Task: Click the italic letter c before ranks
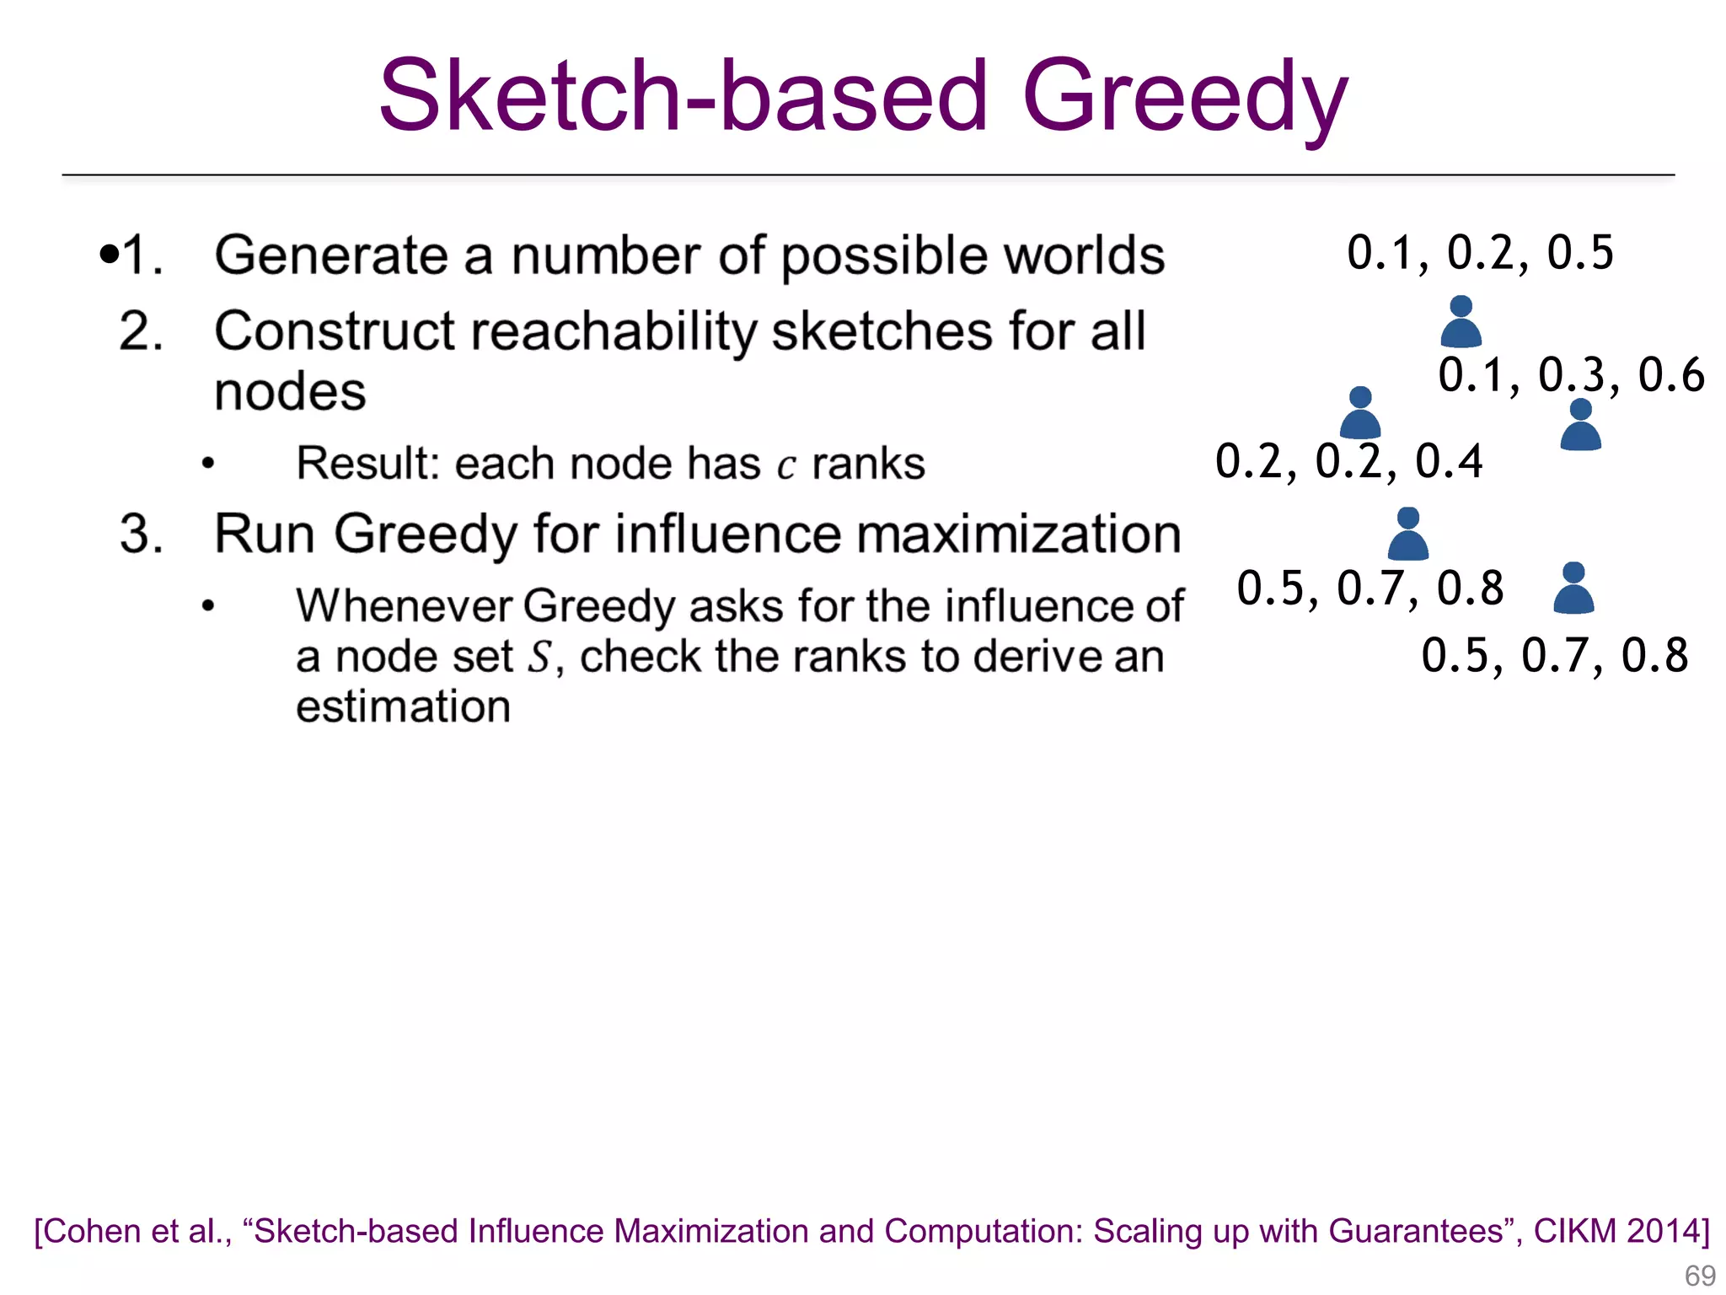pyautogui.click(x=785, y=465)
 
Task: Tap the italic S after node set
pyautogui.click(x=539, y=657)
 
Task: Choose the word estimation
pyautogui.click(x=403, y=707)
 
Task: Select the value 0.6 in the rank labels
pyautogui.click(x=1671, y=375)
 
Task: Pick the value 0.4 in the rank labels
pyautogui.click(x=1449, y=461)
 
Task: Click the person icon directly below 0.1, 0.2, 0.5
pyautogui.click(x=1461, y=322)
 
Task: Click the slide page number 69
pyautogui.click(x=1700, y=1276)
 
